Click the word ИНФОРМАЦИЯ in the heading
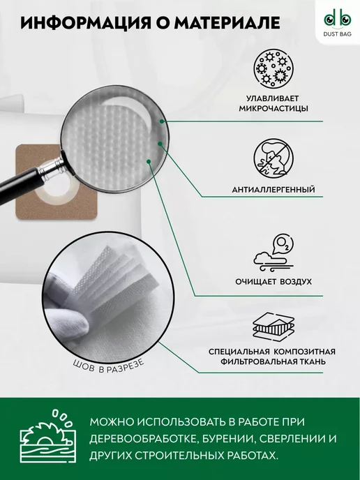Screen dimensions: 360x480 [86, 23]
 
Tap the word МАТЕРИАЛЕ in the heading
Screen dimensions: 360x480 [227, 23]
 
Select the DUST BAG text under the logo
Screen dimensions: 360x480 [338, 34]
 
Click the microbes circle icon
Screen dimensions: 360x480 [273, 68]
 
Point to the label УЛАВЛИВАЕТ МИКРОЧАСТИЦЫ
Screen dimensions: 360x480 [273, 103]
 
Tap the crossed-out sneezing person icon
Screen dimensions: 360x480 [273, 158]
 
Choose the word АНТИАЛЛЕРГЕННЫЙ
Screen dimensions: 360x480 [273, 190]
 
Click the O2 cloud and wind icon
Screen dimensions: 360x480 [273, 253]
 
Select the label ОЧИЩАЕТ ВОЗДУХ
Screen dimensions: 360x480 [273, 281]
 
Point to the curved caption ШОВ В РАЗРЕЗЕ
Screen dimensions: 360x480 [109, 367]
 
